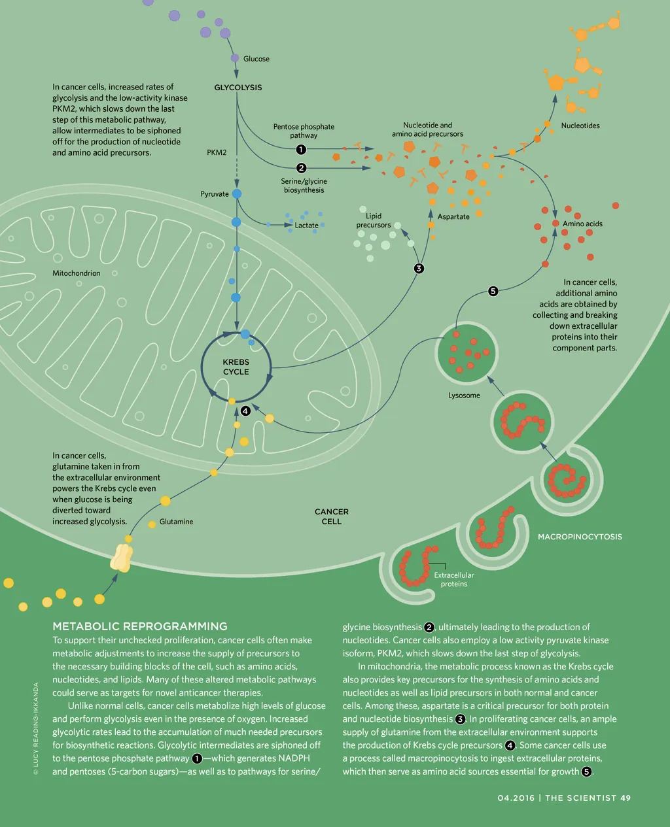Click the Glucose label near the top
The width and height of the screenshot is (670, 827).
pos(256,59)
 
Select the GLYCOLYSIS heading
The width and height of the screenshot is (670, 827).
pos(238,88)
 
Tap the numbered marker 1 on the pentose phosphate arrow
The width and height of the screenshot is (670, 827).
pos(302,150)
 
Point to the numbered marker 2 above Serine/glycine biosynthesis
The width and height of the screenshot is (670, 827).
pos(302,168)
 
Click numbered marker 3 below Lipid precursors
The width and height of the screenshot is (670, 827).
pos(419,268)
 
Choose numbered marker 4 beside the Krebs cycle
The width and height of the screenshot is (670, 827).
pos(245,411)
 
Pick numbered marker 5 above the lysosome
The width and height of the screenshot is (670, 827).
pos(493,291)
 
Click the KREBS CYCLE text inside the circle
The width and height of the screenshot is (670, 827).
pos(236,367)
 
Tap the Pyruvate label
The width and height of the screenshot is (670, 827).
pos(215,194)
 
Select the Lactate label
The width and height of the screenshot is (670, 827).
pos(306,226)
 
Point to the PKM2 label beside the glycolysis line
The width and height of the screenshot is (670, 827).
pos(217,152)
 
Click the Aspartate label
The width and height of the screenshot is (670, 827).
pos(453,216)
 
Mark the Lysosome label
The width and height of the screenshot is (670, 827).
pos(464,396)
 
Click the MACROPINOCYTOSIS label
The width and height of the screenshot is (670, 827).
pos(580,537)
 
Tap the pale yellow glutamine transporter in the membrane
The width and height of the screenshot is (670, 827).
pos(122,558)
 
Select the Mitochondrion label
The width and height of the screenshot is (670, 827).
pos(77,273)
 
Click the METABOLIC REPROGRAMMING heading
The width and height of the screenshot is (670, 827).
pos(140,626)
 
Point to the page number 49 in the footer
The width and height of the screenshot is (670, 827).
pos(626,798)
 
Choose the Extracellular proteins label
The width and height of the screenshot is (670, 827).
pos(453,579)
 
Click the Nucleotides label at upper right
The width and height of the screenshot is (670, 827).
pos(580,126)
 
